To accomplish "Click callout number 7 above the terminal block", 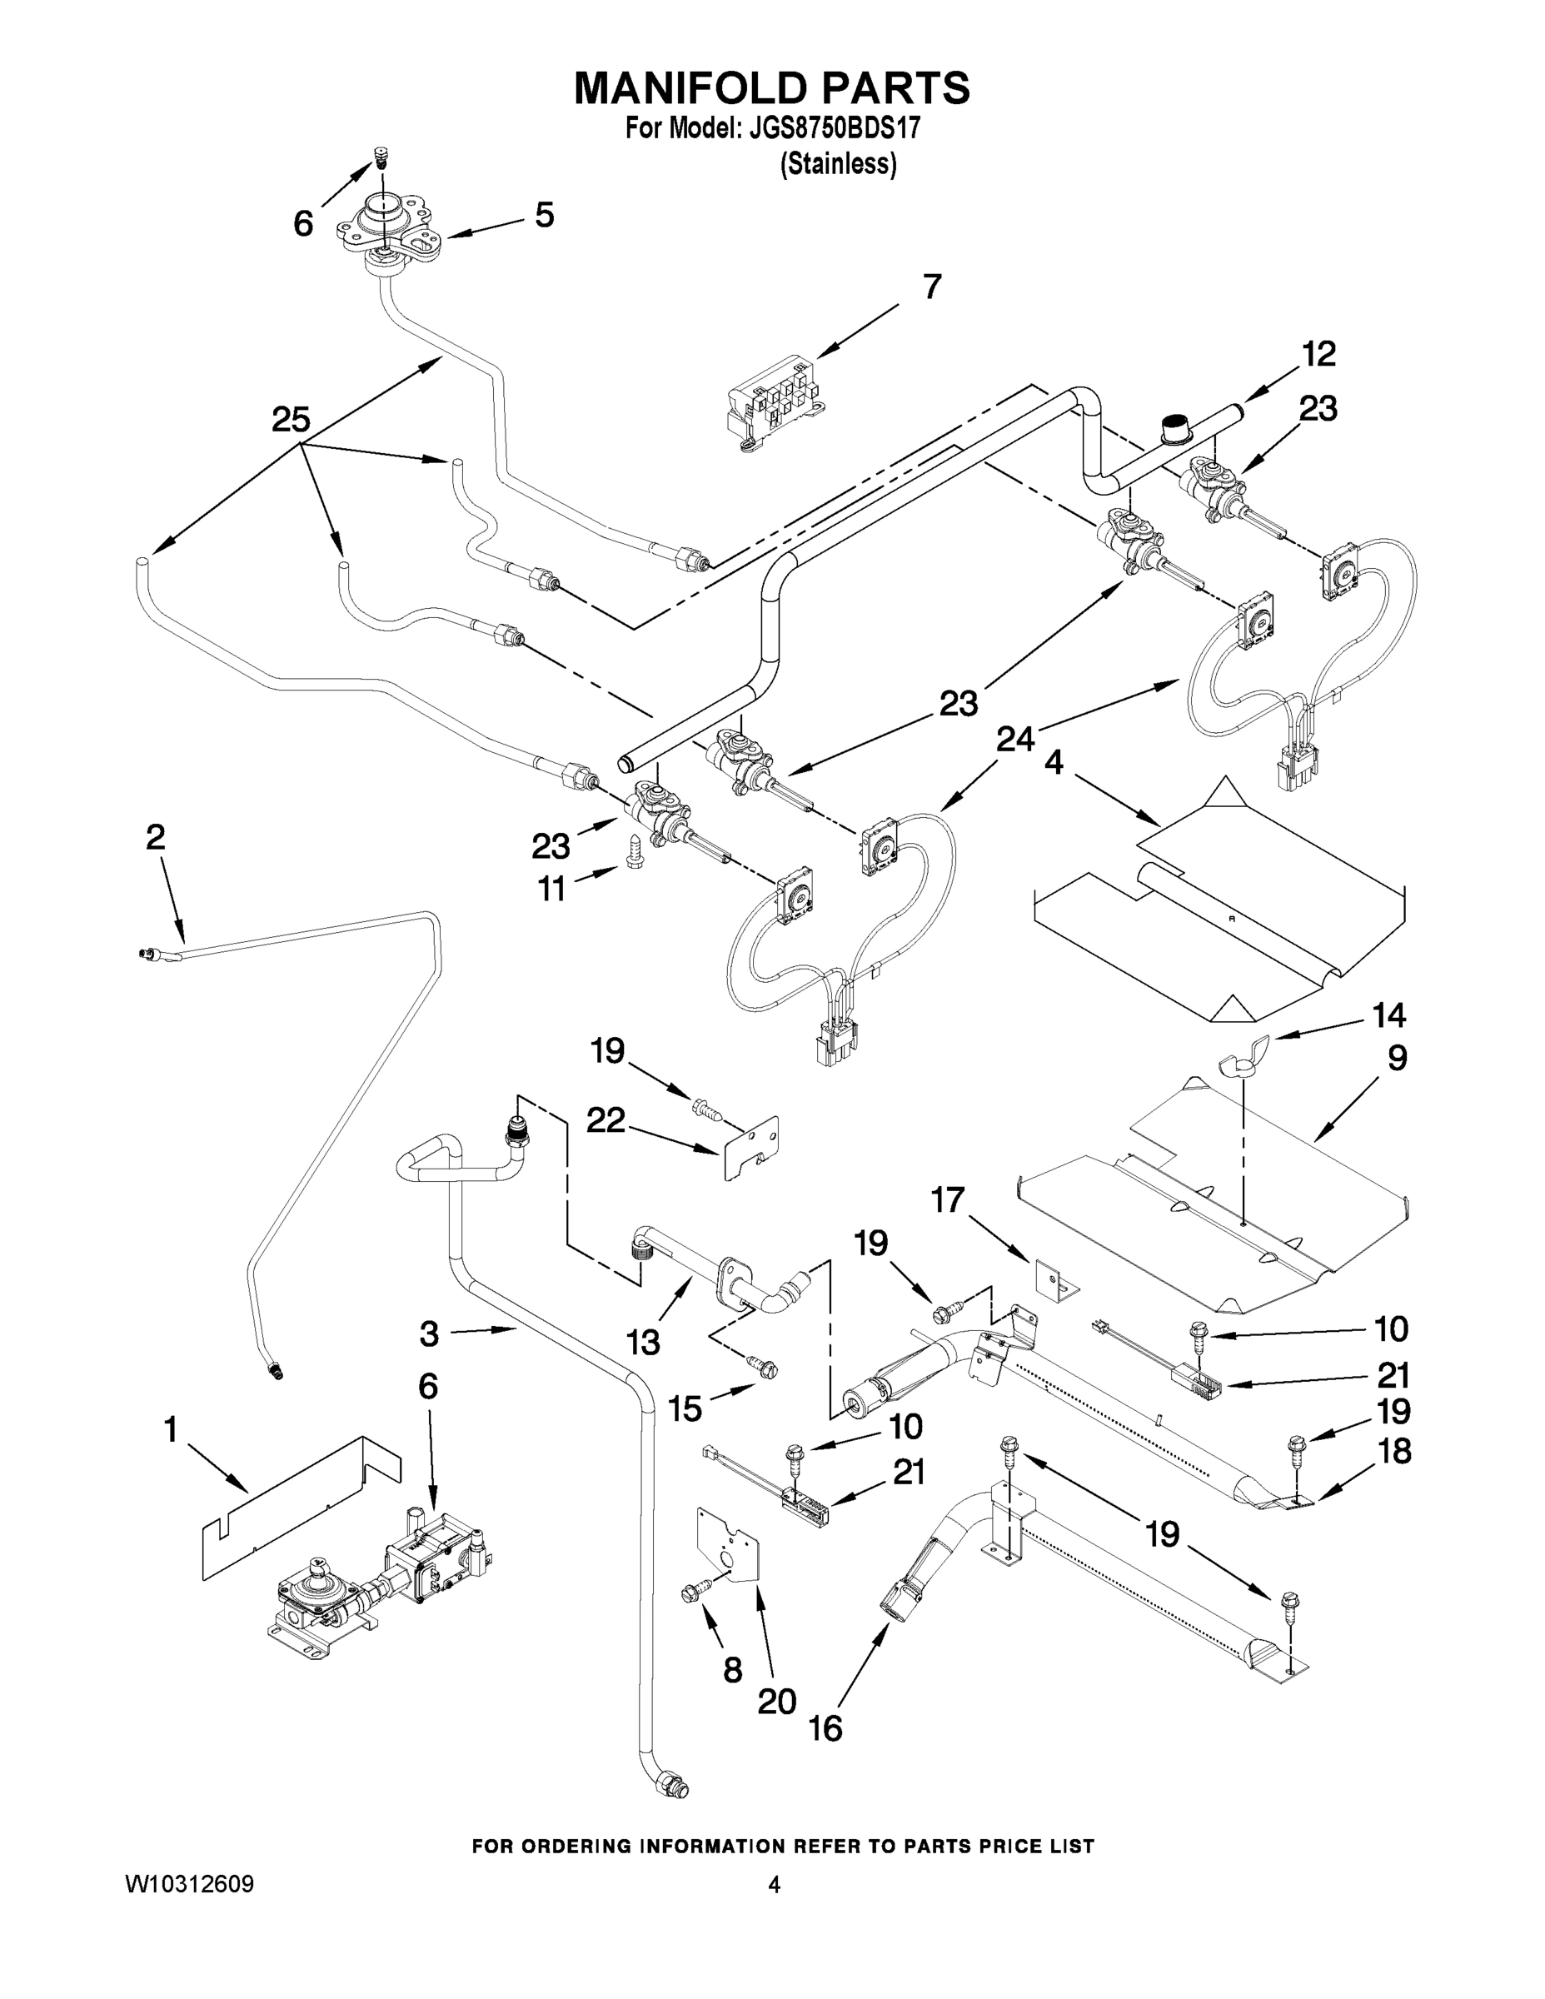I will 931,287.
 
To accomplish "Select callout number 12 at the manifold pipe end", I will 1318,354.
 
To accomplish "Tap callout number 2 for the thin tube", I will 156,836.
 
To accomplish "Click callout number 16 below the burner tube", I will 825,1728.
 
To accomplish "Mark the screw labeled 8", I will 695,1593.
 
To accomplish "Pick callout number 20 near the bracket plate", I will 776,1701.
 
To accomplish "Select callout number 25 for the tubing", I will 291,420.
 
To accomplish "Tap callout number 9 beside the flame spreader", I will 1397,1058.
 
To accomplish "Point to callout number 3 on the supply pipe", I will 429,1334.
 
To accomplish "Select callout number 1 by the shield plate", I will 170,1428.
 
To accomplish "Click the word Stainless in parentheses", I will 838,164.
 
